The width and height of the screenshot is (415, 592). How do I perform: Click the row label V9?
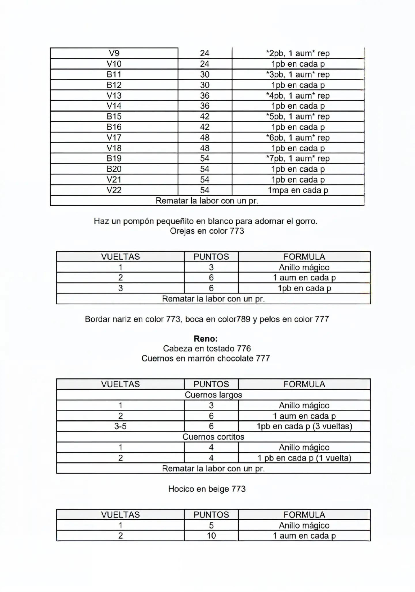[114, 53]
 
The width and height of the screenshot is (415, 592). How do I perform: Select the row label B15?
[114, 117]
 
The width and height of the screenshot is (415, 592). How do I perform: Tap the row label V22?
[114, 190]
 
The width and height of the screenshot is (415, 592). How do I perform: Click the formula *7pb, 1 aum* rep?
[298, 158]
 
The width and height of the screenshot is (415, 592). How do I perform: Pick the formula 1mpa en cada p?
[298, 190]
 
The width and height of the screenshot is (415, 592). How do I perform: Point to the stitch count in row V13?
[205, 95]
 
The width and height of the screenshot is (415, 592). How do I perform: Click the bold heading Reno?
[206, 338]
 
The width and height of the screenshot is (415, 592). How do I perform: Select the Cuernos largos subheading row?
[213, 395]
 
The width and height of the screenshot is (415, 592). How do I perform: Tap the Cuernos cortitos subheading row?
[213, 437]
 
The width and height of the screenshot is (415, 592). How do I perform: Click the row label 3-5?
[120, 426]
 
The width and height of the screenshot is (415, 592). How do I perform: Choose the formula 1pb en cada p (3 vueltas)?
[304, 426]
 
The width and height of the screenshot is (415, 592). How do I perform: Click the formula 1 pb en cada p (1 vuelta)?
[304, 458]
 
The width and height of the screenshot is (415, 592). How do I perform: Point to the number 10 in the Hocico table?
[211, 536]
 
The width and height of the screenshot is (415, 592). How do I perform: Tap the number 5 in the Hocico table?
[211, 525]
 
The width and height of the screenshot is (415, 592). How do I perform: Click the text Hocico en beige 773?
[207, 489]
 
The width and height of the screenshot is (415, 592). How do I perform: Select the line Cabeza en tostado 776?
[207, 349]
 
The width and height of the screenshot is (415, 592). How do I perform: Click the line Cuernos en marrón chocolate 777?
[206, 358]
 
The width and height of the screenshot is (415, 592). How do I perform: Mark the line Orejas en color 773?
[207, 231]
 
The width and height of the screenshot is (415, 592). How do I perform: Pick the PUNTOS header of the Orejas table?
[211, 256]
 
